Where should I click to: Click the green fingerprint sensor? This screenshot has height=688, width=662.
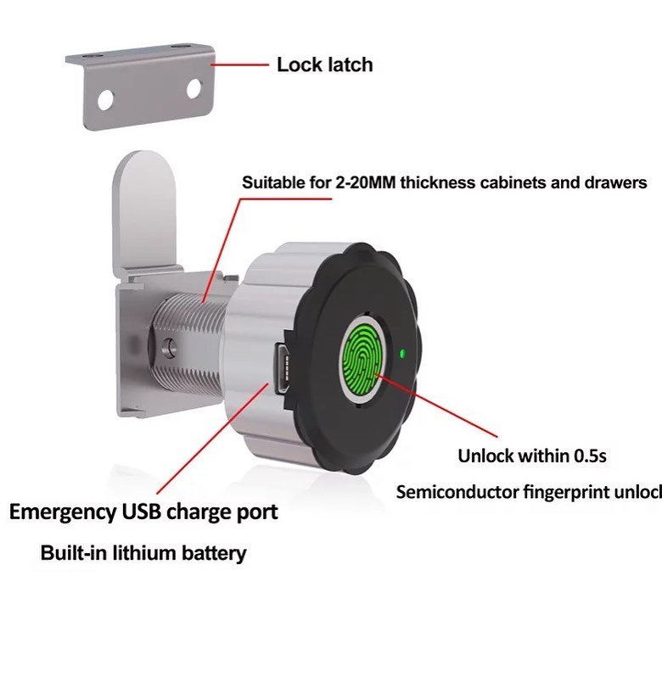pyautogui.click(x=362, y=362)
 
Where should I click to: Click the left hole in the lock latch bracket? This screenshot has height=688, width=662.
pyautogui.click(x=104, y=99)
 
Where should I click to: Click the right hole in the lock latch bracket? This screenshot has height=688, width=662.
pyautogui.click(x=194, y=87)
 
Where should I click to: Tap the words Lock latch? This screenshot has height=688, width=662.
pyautogui.click(x=324, y=64)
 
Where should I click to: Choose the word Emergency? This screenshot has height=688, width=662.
pyautogui.click(x=61, y=512)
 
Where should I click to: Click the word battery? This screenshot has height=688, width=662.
pyautogui.click(x=213, y=554)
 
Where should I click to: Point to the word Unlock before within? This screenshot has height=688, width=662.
pyautogui.click(x=485, y=456)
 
